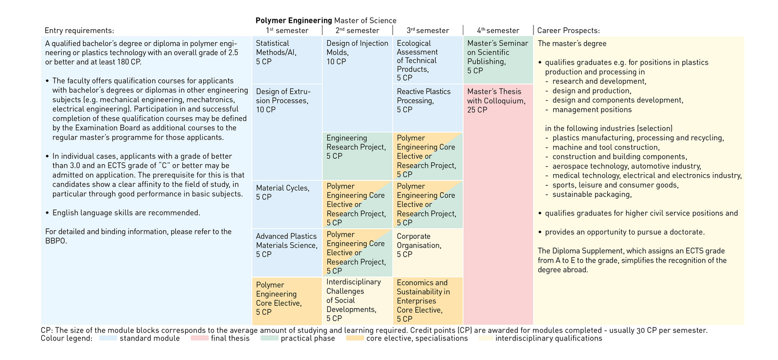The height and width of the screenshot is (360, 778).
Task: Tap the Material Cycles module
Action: [x=286, y=204]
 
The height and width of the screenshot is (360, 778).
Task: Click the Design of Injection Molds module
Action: [x=357, y=83]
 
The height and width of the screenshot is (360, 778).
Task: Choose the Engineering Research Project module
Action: [x=357, y=156]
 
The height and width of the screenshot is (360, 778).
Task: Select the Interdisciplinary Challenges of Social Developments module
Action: [x=357, y=300]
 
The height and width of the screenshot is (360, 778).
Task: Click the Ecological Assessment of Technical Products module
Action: [x=427, y=60]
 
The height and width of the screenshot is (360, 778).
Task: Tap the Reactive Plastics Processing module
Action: [x=427, y=108]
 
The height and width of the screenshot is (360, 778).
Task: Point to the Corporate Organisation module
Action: [x=427, y=252]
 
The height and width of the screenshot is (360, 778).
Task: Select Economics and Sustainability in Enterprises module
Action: [x=427, y=300]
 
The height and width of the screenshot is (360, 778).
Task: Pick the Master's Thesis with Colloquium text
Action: [x=496, y=101]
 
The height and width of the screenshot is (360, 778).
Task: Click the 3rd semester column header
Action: [x=428, y=31]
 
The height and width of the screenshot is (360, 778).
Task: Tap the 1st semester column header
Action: [x=287, y=31]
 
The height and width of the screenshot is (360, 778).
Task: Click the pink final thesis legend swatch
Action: [x=199, y=338]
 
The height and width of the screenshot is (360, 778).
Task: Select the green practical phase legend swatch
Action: [x=269, y=338]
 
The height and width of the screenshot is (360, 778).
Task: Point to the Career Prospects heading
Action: [x=568, y=31]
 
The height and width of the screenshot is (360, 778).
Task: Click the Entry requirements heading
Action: [x=79, y=31]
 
